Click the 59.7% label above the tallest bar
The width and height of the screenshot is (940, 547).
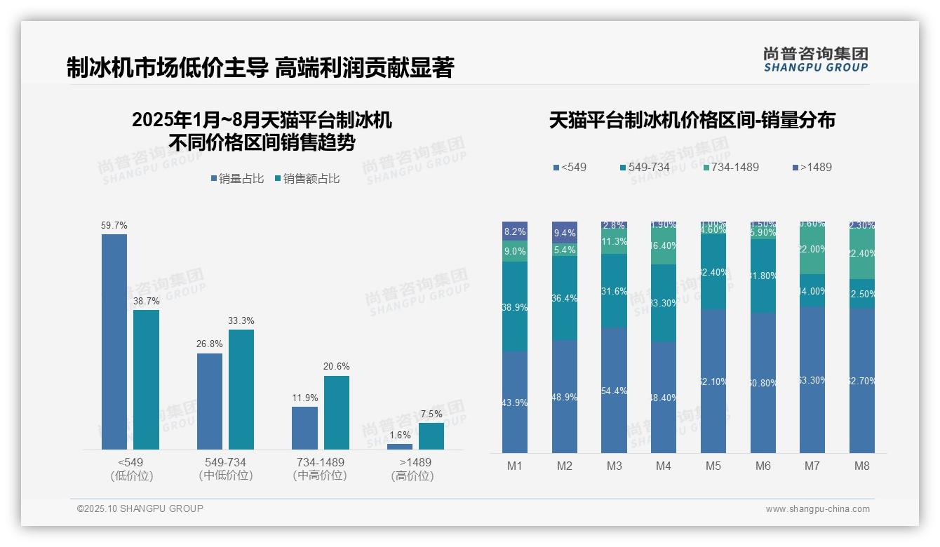pyautogui.click(x=114, y=226)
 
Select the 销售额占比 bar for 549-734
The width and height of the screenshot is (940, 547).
pyautogui.click(x=241, y=389)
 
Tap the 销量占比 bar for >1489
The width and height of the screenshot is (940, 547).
pyautogui.click(x=400, y=447)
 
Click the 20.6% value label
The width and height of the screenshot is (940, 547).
pyautogui.click(x=337, y=367)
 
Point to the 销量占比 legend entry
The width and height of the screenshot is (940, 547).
pyautogui.click(x=237, y=179)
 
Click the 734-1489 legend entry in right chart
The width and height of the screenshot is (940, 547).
pyautogui.click(x=730, y=168)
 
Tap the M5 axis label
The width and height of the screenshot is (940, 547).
pyautogui.click(x=713, y=466)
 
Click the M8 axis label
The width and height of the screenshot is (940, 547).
pyautogui.click(x=862, y=466)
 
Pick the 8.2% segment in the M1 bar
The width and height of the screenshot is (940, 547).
pyautogui.click(x=515, y=231)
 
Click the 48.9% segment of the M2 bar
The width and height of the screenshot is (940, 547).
pyautogui.click(x=565, y=397)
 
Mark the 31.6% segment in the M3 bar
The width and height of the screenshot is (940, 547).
pyautogui.click(x=615, y=291)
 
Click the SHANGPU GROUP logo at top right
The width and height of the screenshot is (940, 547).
pyautogui.click(x=816, y=60)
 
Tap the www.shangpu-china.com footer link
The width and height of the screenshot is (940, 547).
pyautogui.click(x=817, y=509)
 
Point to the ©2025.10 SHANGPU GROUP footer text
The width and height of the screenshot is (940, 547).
pyautogui.click(x=140, y=508)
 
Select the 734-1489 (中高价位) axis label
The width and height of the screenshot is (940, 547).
pyautogui.click(x=320, y=469)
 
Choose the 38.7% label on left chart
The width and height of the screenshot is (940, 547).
pyautogui.click(x=147, y=302)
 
